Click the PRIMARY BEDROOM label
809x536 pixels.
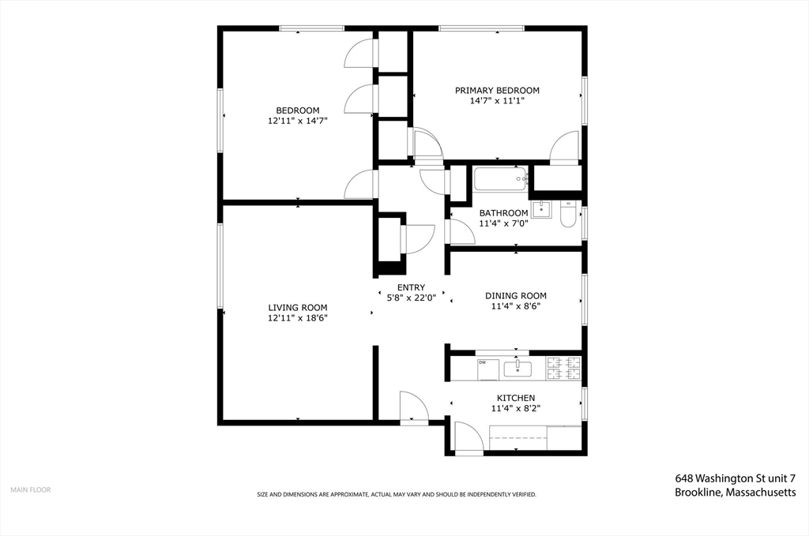497,90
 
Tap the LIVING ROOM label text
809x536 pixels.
297,307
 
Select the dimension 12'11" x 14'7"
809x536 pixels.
297,121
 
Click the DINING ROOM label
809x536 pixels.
515,296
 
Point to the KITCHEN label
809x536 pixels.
515,398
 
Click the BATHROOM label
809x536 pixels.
503,213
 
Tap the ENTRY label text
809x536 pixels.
411,287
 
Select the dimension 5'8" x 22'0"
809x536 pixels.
411,298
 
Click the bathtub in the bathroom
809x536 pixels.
500,179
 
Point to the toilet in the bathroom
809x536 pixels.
568,216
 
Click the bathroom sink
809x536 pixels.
542,209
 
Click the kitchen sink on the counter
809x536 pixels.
517,368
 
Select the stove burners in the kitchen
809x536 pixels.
564,368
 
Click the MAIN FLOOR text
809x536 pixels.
30,489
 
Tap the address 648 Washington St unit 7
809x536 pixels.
735,478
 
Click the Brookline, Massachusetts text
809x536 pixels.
735,492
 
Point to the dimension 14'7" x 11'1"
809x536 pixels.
497,101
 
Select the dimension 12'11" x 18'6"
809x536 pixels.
297,317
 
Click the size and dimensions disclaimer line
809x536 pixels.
397,494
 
